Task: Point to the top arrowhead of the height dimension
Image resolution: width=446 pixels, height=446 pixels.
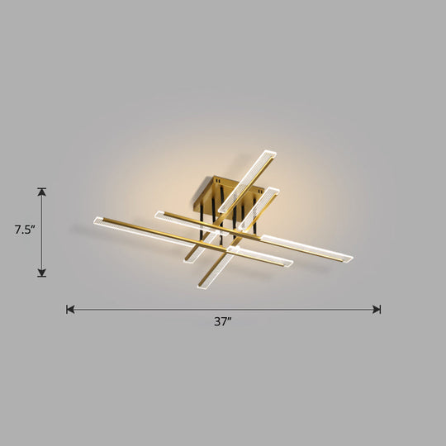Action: click(x=42, y=192)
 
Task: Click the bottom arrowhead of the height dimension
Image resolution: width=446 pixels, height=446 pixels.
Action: click(x=42, y=273)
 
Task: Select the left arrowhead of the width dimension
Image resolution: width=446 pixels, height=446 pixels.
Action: click(x=70, y=310)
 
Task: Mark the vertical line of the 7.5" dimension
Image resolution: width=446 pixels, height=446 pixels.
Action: click(x=42, y=232)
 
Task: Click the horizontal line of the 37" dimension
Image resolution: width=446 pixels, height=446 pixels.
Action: click(x=223, y=310)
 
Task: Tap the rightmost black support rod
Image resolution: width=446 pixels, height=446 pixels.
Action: click(x=255, y=221)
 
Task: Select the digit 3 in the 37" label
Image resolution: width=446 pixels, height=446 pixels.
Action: click(x=217, y=323)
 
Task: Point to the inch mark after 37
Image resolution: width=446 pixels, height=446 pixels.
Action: click(x=231, y=320)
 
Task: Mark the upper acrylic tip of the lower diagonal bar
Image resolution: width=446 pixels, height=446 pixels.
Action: click(x=273, y=192)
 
